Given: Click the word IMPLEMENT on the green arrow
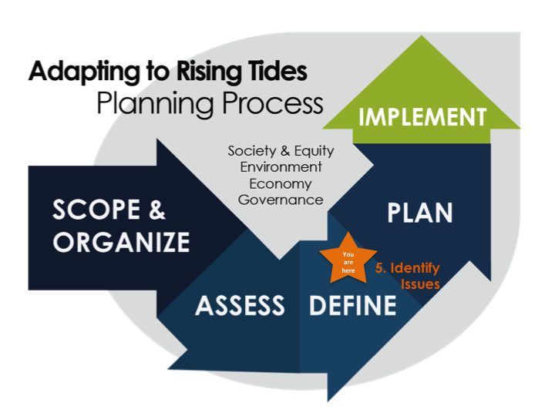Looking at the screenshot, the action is tap(422, 117).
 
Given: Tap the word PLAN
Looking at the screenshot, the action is tap(420, 213).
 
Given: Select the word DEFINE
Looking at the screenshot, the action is tap(353, 306).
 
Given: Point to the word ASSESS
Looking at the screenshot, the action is tap(240, 306).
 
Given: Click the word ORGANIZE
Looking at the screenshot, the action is tap(122, 243).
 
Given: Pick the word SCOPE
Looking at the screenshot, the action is tap(96, 210).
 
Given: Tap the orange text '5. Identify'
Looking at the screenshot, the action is tap(408, 268).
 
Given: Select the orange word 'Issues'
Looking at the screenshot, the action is tap(420, 284).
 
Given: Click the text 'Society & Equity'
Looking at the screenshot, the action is tap(281, 151).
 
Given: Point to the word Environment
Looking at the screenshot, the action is tap(281, 167).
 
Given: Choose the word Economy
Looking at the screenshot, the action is tap(281, 184).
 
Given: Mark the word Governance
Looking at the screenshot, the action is tap(281, 200).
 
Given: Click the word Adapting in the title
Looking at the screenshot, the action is tap(84, 72).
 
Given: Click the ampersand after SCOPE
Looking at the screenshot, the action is tap(156, 210).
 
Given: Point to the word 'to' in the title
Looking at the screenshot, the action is tap(158, 72).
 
